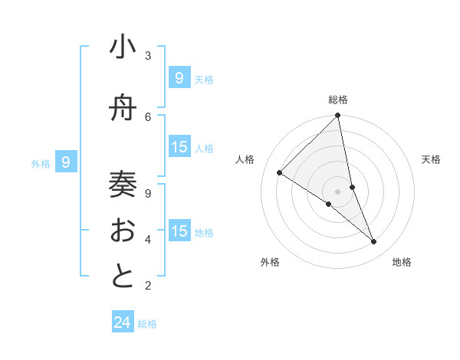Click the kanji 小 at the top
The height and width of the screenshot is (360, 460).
point(123,48)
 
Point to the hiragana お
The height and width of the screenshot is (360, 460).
point(123,230)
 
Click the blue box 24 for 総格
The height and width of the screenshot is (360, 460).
point(123,322)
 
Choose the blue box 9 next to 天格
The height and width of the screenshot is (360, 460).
point(179,77)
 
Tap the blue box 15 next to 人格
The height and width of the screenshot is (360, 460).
point(179,147)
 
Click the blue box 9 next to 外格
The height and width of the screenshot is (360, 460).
point(66,162)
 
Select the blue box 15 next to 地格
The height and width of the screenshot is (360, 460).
point(179,231)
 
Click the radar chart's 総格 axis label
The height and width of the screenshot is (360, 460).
point(338,100)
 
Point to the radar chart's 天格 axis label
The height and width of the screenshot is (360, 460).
point(431,159)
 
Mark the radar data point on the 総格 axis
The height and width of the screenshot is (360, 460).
point(338,116)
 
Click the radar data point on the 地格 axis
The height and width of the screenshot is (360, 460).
point(374,242)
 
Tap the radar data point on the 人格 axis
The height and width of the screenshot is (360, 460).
point(280,172)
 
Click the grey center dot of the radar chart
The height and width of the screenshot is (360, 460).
point(337,191)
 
